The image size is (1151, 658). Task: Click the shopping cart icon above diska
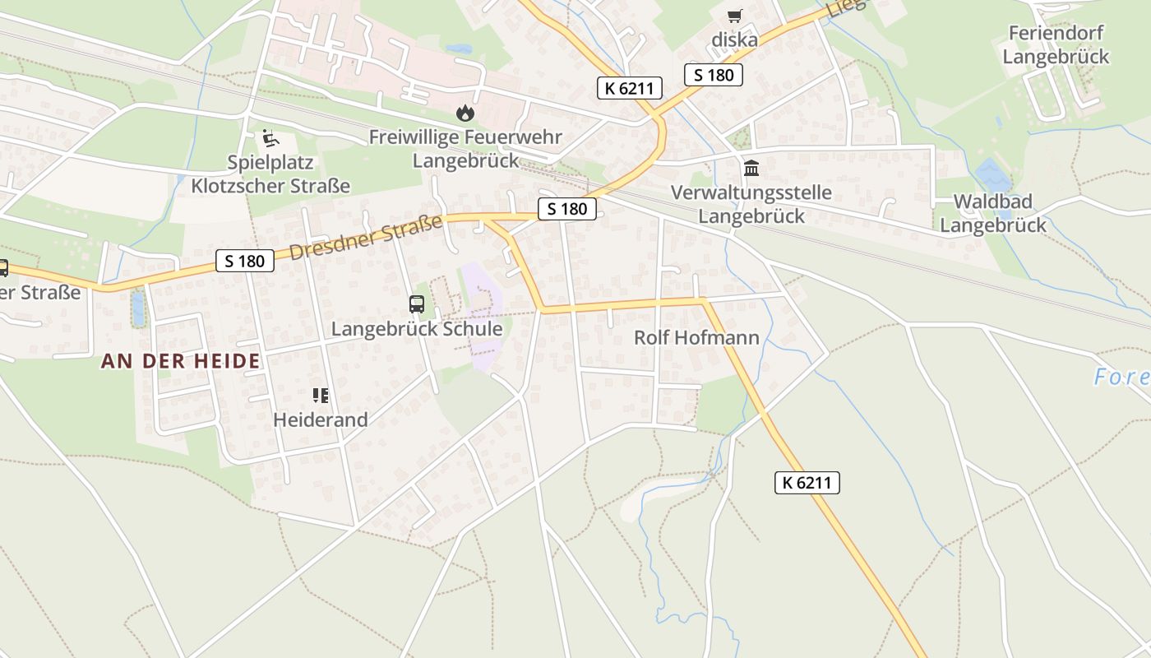click(x=734, y=16)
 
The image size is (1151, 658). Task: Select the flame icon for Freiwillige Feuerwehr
click(x=465, y=113)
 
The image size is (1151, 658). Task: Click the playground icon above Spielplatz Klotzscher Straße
click(x=270, y=138)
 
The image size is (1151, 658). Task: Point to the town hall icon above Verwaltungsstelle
click(x=751, y=169)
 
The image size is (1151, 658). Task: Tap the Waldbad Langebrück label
click(x=993, y=213)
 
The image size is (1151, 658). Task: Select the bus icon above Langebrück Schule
click(x=417, y=304)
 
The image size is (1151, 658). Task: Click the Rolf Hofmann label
click(x=696, y=337)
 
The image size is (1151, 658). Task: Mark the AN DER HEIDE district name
click(x=181, y=360)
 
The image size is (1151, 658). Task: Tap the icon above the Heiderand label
click(x=321, y=396)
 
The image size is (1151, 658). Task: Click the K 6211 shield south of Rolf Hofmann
click(x=807, y=483)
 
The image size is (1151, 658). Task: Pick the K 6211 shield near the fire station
click(x=629, y=88)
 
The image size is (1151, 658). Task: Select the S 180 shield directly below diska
click(x=713, y=75)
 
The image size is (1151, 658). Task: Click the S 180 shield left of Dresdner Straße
click(x=244, y=262)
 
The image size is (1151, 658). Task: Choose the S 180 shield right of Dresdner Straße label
click(x=567, y=209)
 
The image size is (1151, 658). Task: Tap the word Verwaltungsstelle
click(x=751, y=192)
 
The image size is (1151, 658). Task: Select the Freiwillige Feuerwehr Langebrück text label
click(x=465, y=148)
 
